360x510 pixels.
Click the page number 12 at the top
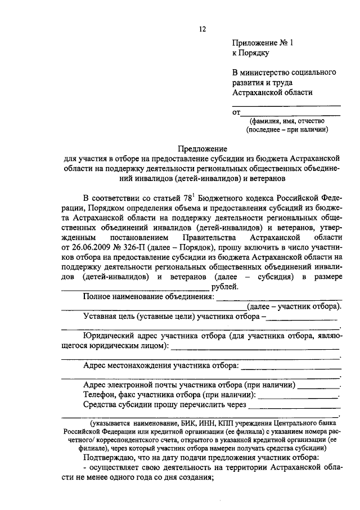pos(202,29)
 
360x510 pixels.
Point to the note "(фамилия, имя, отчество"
pos(287,120)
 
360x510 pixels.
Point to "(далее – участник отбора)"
pos(295,306)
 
